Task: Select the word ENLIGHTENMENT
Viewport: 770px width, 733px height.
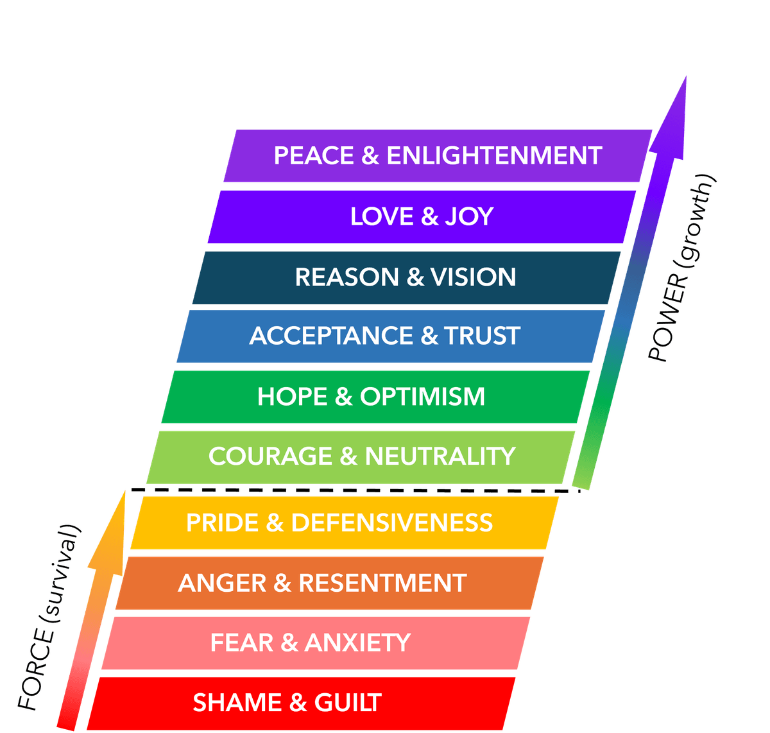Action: [494, 156]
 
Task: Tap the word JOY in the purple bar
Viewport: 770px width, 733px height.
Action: [469, 217]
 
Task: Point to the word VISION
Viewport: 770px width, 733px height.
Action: [473, 277]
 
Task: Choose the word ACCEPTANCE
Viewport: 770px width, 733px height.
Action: [331, 336]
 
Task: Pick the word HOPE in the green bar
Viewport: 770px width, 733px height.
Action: [293, 397]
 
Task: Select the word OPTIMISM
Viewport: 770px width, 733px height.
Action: [422, 397]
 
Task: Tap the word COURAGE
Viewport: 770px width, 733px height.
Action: [270, 456]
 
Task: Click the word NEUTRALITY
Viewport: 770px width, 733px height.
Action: [440, 456]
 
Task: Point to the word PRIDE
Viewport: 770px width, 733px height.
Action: [221, 522]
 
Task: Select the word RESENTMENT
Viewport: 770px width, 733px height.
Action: [382, 583]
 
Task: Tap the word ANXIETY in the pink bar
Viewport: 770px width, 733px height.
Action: [357, 642]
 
